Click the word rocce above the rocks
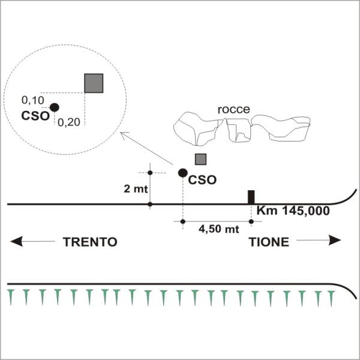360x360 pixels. (234, 110)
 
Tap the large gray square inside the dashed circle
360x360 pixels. (94, 83)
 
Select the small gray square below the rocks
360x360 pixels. (200, 160)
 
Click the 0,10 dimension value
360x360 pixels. (33, 100)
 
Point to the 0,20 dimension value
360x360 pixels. (69, 122)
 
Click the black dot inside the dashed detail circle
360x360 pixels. (55, 107)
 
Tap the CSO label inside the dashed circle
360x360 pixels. (35, 116)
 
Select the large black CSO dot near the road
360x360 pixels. (183, 173)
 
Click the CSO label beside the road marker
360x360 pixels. (202, 180)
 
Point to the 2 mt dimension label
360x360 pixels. (136, 189)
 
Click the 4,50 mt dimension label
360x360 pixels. (219, 229)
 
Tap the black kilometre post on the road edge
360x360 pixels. (251, 197)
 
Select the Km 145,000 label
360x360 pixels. (293, 211)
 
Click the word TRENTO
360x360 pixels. (90, 242)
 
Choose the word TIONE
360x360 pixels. (269, 242)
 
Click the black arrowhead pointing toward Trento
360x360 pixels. (17, 241)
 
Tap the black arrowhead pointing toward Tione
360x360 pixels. (335, 241)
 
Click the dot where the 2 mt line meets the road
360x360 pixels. (150, 204)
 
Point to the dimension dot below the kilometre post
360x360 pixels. (251, 221)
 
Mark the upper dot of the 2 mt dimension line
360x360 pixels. (150, 173)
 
